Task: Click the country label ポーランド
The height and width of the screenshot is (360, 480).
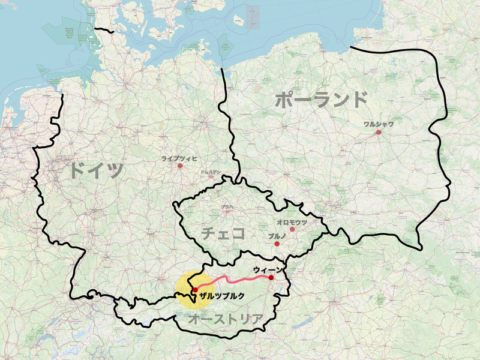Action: click(321, 100)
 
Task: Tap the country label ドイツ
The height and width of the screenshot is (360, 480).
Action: click(96, 170)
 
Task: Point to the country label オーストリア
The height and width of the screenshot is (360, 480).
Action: click(226, 319)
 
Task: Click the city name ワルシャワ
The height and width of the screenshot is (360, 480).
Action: click(379, 124)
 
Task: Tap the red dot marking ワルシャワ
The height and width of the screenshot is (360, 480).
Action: click(379, 132)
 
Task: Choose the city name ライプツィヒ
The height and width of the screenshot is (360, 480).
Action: click(179, 158)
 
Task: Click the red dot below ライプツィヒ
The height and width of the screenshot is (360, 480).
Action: click(179, 166)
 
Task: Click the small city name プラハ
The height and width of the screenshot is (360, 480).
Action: click(227, 207)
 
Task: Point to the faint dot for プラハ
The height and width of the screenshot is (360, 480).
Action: click(227, 212)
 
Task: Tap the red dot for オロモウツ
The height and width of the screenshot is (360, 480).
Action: click(292, 229)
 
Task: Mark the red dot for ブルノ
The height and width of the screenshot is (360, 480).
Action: click(277, 244)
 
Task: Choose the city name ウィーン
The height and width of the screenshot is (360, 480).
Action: click(268, 269)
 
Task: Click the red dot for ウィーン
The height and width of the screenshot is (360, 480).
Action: click(271, 278)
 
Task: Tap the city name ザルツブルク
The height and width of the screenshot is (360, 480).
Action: click(223, 296)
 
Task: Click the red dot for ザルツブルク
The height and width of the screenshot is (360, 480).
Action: click(195, 290)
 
